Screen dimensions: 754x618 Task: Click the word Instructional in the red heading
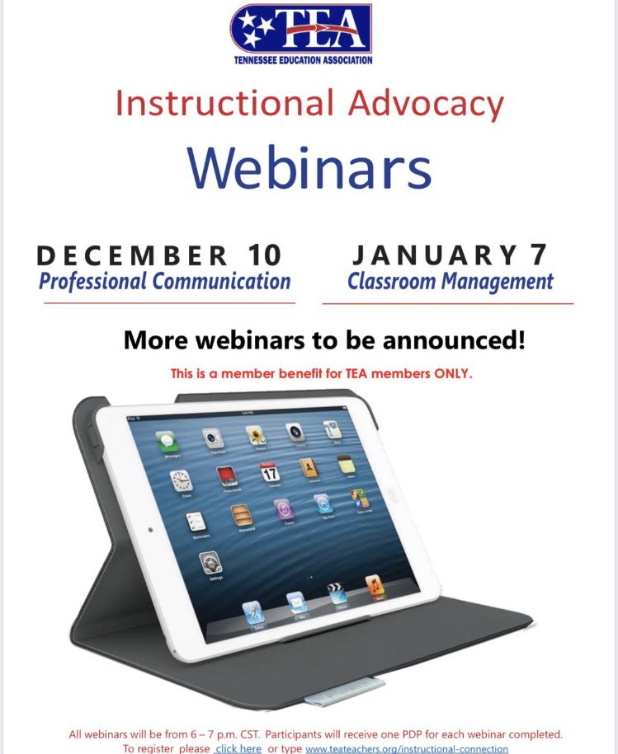pyautogui.click(x=221, y=103)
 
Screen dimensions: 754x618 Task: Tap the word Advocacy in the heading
pyautogui.click(x=427, y=103)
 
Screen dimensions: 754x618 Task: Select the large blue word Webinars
pyautogui.click(x=309, y=167)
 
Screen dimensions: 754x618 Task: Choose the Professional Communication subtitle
pyautogui.click(x=164, y=282)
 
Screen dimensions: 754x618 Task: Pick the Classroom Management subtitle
pyautogui.click(x=450, y=282)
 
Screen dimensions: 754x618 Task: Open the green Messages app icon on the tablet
pyautogui.click(x=168, y=441)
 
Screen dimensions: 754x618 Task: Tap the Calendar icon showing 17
pyautogui.click(x=270, y=472)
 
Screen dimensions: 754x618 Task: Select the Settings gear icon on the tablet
pyautogui.click(x=210, y=564)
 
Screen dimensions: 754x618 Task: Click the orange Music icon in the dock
pyautogui.click(x=375, y=586)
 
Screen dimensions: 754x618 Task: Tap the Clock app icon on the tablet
pyautogui.click(x=182, y=481)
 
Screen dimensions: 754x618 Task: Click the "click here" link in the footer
pyautogui.click(x=238, y=748)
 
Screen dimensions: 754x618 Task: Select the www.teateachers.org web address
pyautogui.click(x=407, y=748)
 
